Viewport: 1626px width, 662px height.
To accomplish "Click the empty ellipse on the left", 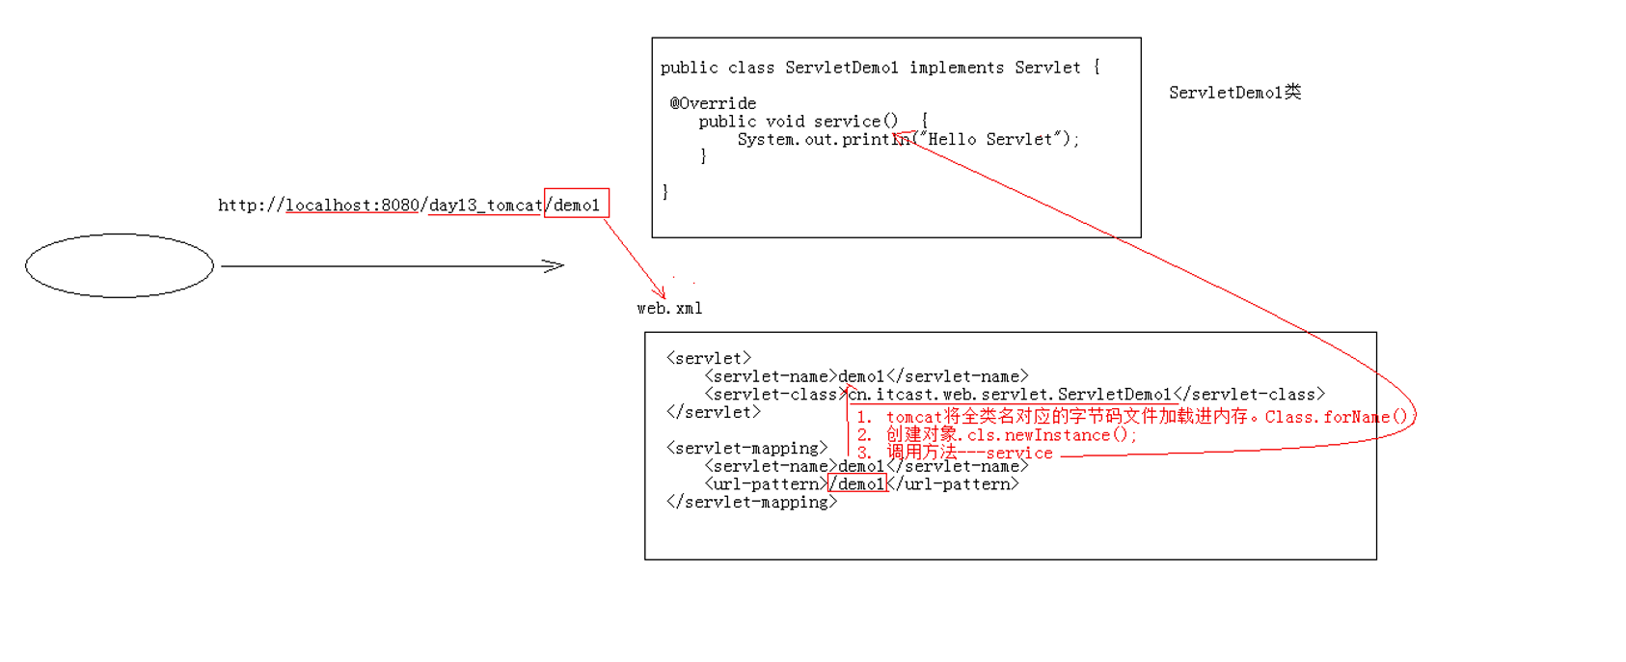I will [120, 265].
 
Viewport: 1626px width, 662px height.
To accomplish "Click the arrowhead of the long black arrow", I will [556, 265].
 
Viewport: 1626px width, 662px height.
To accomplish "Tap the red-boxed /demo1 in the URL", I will [577, 204].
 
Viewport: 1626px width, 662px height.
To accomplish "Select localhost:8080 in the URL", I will [352, 205].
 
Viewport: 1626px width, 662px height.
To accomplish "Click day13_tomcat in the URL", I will [485, 205].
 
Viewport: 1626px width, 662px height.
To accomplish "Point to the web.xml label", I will [669, 308].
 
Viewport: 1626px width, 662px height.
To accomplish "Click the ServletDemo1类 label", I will [1234, 93].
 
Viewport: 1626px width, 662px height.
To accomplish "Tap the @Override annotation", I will [713, 103].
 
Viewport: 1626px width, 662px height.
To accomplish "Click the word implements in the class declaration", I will [956, 68].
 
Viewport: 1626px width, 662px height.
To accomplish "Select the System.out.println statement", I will [907, 139].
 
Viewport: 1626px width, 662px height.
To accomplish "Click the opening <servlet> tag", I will [708, 358].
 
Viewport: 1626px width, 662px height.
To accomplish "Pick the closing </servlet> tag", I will [713, 412].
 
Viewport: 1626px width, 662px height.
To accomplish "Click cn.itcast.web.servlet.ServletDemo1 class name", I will [1010, 394].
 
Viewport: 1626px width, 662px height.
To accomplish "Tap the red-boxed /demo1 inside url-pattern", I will [857, 483].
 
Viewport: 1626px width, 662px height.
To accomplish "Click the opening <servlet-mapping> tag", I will [746, 448].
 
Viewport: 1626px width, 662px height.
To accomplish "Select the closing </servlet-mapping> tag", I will [751, 502].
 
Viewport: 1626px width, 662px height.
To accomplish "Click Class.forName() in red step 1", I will [1336, 417].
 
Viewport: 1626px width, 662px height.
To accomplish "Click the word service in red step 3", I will [1019, 453].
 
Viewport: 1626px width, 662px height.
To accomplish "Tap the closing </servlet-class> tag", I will [1249, 394].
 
